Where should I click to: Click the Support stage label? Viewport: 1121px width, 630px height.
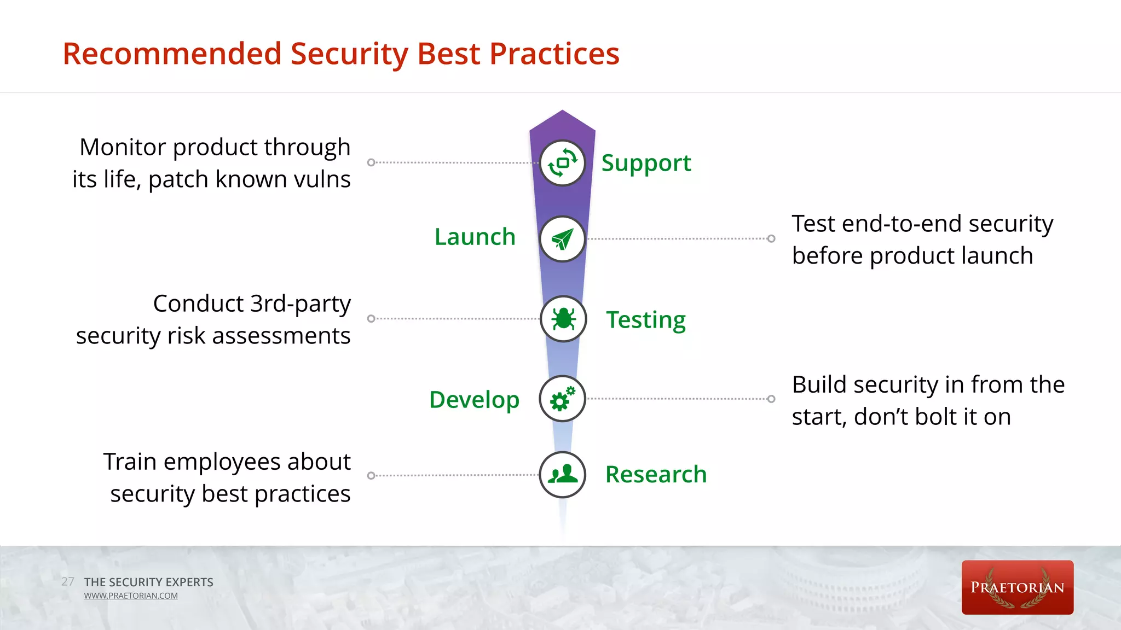point(646,163)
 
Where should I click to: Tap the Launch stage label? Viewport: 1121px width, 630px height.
point(475,237)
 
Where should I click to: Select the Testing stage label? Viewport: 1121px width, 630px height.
point(645,319)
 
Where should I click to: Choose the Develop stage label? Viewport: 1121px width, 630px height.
point(474,400)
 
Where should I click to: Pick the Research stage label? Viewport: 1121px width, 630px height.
point(656,474)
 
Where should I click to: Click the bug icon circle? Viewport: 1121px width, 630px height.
point(563,319)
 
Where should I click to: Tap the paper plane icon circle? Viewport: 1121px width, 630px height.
point(563,239)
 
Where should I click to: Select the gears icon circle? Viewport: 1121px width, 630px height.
point(563,399)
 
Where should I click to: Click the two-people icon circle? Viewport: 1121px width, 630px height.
point(563,475)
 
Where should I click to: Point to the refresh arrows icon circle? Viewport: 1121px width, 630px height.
point(563,163)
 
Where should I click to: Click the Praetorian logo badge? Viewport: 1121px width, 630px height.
point(1017,587)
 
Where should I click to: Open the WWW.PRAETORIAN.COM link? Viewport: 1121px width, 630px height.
point(131,596)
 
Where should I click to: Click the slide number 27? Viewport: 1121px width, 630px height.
point(68,581)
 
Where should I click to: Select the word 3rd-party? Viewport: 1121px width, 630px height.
point(300,304)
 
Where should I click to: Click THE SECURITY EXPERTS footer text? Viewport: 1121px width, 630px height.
point(148,582)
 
